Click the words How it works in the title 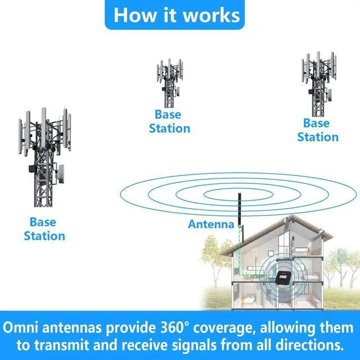[x=177, y=15]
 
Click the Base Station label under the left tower [x=44, y=228]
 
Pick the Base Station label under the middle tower [x=169, y=122]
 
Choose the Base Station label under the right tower [x=318, y=130]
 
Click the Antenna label [x=210, y=224]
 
